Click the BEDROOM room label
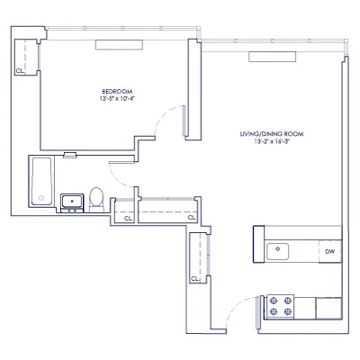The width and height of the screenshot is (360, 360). (118, 91)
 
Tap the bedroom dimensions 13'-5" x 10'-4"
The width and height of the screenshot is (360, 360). (118, 98)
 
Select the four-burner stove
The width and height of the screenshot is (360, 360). (280, 307)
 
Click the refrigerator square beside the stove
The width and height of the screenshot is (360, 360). (329, 307)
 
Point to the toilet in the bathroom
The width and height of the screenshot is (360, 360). (96, 197)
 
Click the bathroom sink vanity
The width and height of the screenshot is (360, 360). (70, 201)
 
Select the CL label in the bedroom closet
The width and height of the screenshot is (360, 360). (20, 69)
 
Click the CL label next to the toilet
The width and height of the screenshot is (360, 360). (127, 217)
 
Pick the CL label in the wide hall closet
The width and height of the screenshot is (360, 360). (191, 217)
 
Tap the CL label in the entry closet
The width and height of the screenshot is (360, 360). (194, 279)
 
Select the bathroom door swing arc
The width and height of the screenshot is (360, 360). (126, 173)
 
